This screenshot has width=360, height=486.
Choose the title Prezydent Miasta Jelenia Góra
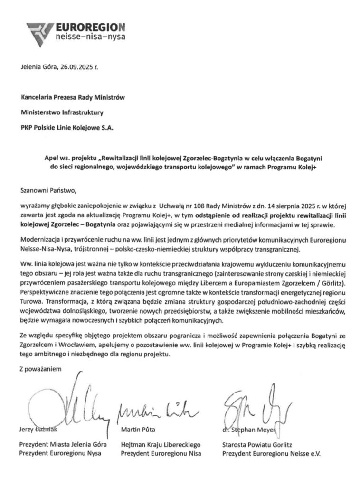point(63,445)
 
